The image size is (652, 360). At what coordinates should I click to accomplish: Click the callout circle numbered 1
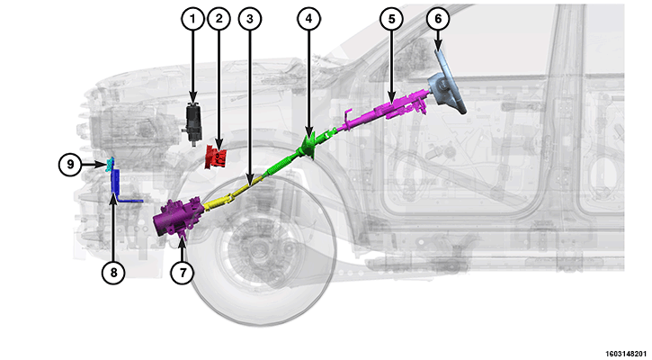(192, 19)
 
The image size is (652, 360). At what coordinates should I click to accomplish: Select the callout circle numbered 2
(219, 19)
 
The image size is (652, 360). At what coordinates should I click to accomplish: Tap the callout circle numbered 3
(250, 19)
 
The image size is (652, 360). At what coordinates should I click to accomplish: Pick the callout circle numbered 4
(308, 19)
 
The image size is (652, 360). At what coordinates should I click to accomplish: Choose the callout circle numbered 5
(392, 19)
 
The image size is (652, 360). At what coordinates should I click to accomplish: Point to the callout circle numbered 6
(438, 19)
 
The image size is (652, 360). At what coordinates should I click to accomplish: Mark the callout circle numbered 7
(183, 273)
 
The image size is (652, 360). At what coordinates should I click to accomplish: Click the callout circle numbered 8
(113, 273)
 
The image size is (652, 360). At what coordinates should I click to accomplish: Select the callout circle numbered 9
(70, 165)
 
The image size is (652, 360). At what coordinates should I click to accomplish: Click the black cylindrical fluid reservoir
(193, 122)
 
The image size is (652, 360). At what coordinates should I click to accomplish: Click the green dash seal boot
(308, 147)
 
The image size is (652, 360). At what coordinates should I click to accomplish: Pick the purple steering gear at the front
(177, 218)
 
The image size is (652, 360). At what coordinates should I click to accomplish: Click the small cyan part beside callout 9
(110, 165)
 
